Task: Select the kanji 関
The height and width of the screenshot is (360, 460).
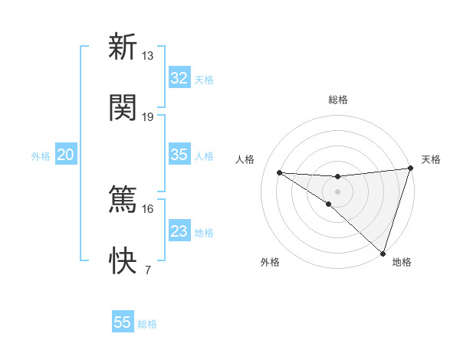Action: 122,107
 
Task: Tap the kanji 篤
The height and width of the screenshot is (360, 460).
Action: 122,201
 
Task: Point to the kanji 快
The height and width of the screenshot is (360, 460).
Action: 122,261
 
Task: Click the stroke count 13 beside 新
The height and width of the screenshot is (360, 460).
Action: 148,56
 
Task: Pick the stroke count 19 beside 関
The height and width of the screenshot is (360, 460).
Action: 148,117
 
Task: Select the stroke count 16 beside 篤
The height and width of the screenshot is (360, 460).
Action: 148,209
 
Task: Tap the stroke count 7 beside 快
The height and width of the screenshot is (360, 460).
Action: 148,270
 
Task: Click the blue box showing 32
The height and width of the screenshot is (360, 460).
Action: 179,78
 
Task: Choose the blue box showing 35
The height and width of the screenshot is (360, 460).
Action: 179,155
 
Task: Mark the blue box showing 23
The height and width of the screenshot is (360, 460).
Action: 179,231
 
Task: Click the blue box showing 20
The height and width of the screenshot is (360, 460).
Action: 65,155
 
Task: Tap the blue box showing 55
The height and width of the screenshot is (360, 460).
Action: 122,322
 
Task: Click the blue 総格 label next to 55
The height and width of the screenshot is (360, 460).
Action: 147,324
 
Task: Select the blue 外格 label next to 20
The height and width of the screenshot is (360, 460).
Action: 41,155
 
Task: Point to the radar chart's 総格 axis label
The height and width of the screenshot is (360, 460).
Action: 338,100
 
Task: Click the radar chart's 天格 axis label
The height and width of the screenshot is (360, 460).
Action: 431,159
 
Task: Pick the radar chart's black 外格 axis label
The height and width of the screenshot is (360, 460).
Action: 270,262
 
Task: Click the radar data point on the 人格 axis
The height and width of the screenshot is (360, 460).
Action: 279,172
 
